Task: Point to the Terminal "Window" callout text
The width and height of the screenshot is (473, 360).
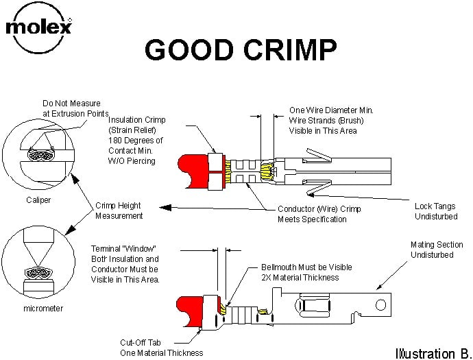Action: pos(125,264)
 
